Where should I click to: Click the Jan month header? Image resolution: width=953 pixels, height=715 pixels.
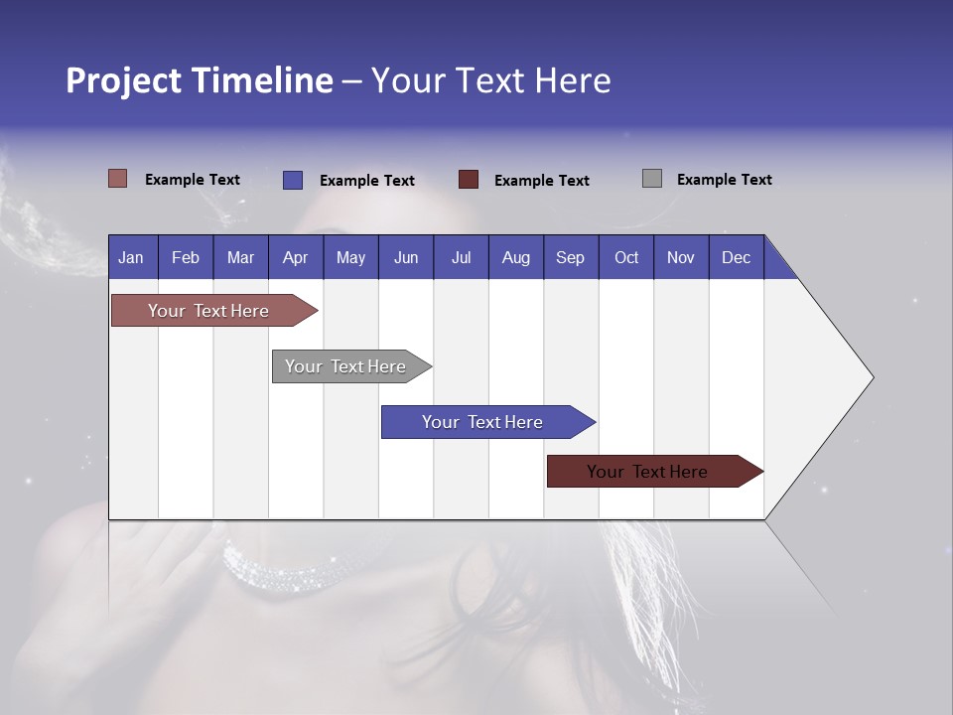point(131,257)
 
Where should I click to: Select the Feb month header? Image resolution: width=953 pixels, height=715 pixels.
point(186,257)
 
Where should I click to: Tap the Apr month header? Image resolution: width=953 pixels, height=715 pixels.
point(295,257)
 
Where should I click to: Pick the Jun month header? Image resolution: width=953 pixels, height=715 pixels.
point(406,257)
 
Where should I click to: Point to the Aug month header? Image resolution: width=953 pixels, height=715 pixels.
point(515,257)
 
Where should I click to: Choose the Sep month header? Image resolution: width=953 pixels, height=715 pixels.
point(570,257)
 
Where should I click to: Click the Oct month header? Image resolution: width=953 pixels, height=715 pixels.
point(626,257)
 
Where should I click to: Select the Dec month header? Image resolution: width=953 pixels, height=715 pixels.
point(736,257)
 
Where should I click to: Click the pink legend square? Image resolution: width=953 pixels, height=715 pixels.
point(118,179)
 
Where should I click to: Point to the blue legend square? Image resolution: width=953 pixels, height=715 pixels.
point(293,180)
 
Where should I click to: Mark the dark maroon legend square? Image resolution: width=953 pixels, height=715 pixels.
point(469,180)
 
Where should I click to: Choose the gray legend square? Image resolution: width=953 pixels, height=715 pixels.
point(652,179)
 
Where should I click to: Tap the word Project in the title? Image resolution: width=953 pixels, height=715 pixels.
point(123,80)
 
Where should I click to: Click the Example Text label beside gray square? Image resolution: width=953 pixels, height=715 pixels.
point(724,180)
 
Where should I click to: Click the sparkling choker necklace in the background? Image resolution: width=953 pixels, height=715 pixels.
point(283,571)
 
